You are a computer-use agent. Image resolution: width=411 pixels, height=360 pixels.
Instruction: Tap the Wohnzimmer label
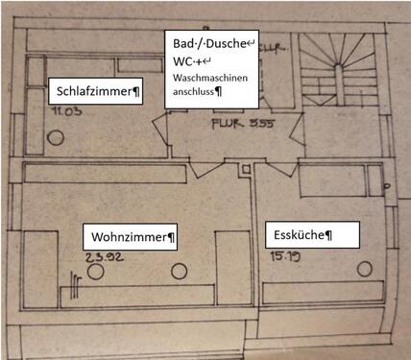133,236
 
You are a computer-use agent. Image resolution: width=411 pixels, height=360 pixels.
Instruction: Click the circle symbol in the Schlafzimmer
56,136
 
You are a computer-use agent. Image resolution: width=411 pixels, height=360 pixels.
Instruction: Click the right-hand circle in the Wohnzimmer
177,274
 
